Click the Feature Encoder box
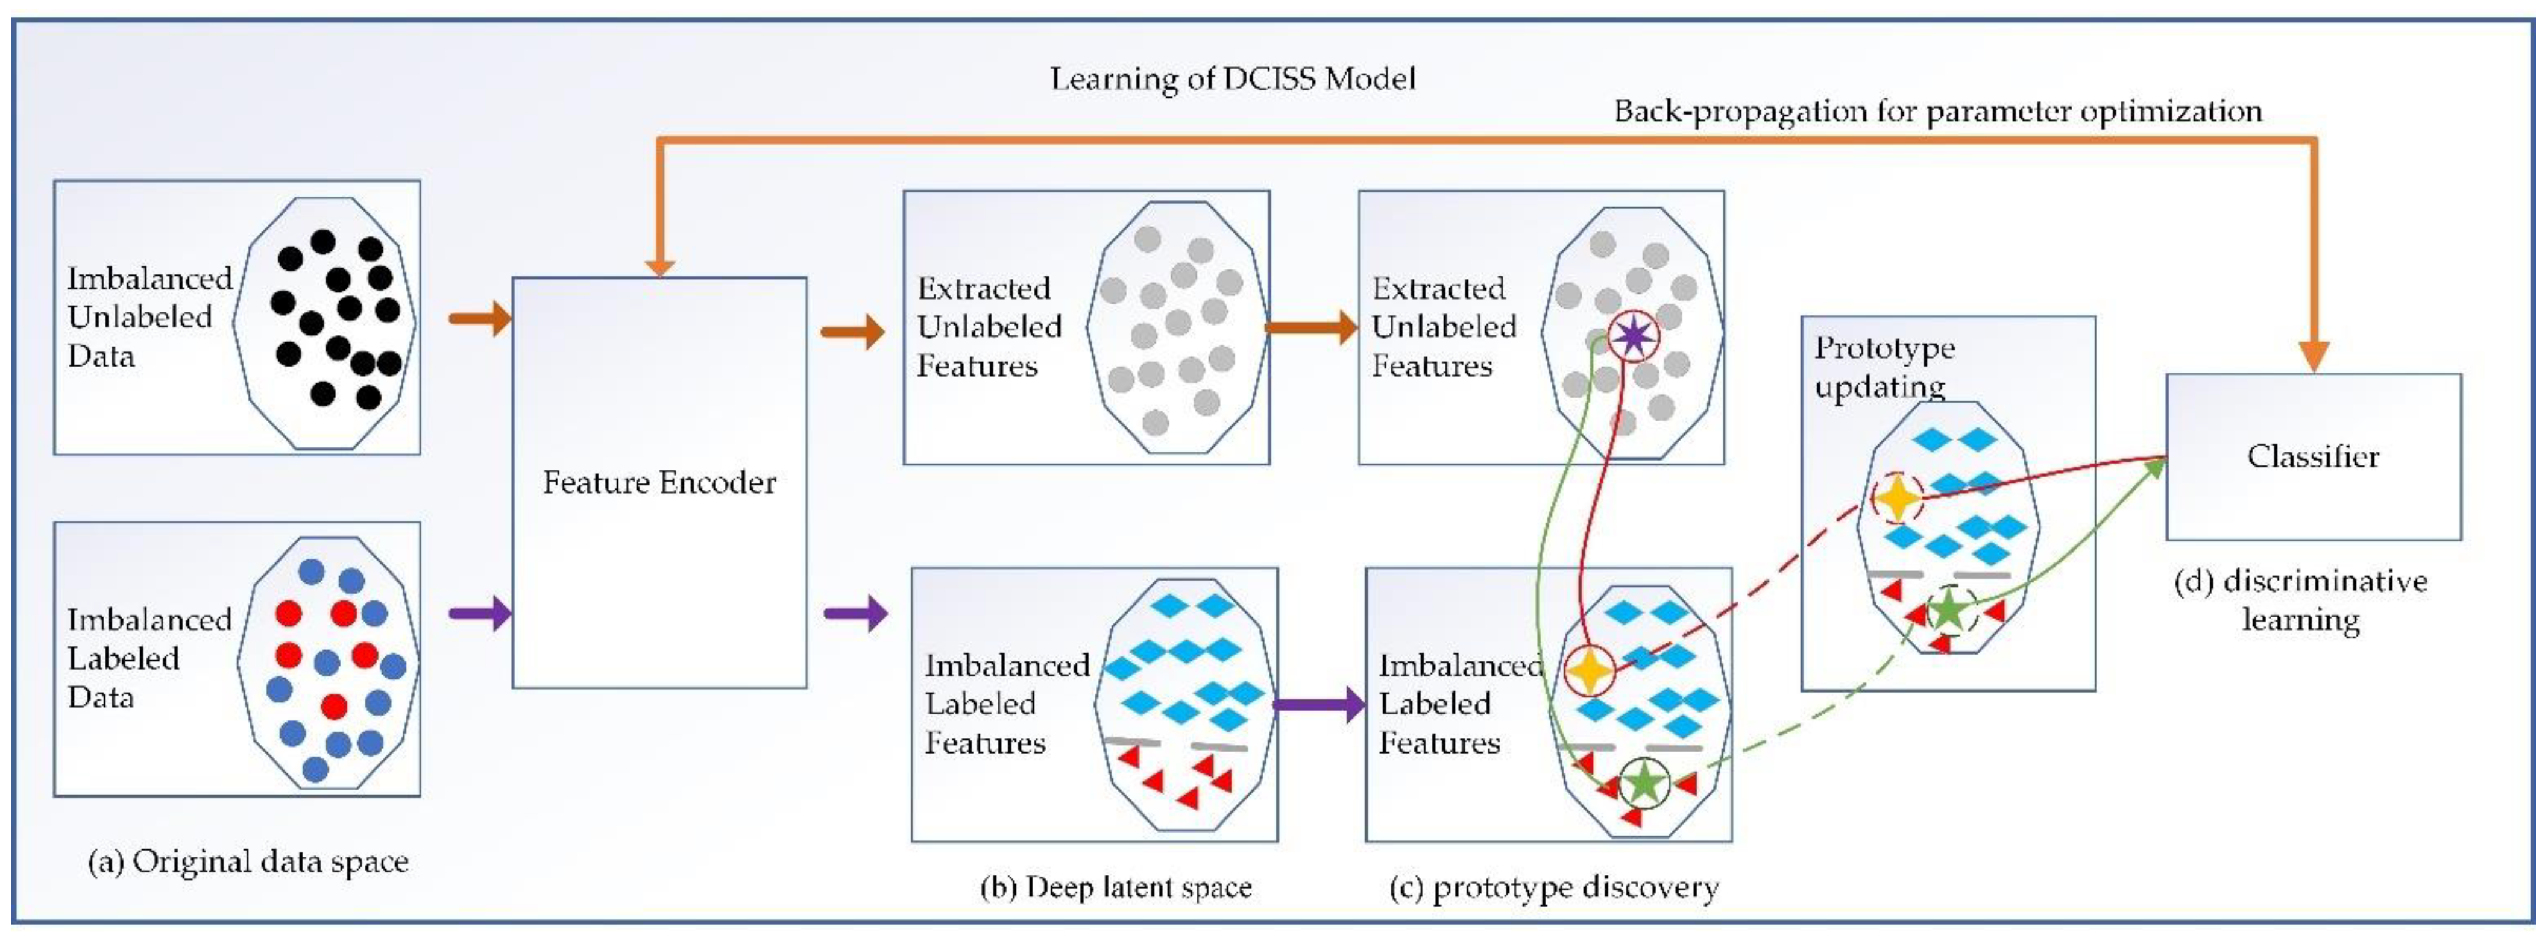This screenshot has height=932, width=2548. click(659, 482)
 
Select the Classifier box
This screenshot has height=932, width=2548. click(2314, 456)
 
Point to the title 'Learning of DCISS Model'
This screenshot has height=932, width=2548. click(1233, 78)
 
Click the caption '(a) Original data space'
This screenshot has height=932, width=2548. click(248, 861)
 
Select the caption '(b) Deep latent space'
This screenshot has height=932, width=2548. click(1116, 887)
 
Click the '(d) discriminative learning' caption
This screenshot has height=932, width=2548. click(2301, 600)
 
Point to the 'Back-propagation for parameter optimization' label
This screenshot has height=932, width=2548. click(1938, 111)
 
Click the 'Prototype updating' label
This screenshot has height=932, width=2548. click(1884, 366)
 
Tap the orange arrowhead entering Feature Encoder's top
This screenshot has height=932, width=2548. click(659, 265)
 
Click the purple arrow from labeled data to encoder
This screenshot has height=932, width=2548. click(480, 614)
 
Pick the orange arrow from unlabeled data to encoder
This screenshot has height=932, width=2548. click(480, 318)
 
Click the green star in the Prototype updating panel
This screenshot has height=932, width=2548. click(1949, 611)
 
